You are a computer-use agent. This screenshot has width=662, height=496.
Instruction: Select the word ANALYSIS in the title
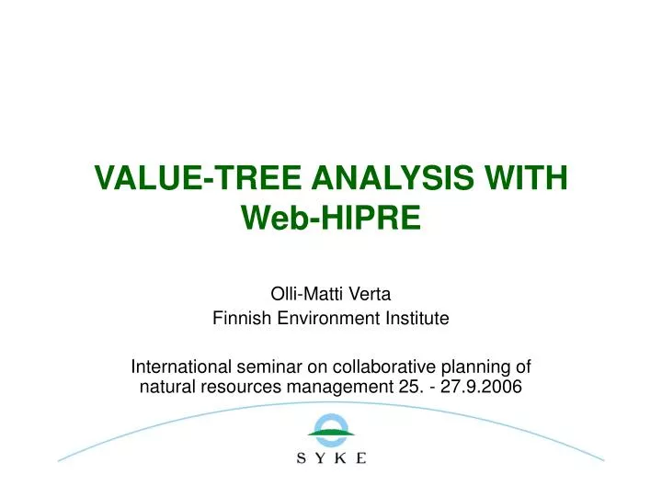coord(372,176)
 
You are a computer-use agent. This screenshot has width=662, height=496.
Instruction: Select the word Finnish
coord(239,319)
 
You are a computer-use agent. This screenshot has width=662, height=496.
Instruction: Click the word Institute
coord(417,319)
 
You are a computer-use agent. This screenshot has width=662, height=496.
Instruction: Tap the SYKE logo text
coord(330,457)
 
